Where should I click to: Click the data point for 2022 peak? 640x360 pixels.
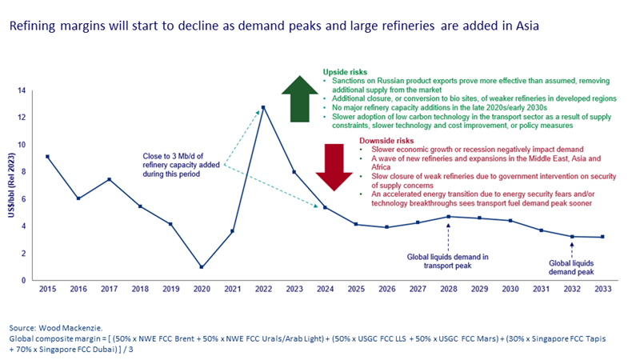(263, 107)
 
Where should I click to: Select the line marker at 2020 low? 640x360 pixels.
(201, 267)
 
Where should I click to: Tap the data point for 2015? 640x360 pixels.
(47, 157)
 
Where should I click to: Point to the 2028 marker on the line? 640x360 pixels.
(448, 217)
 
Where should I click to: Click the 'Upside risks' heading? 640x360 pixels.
(345, 71)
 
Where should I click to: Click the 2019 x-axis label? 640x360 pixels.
(170, 289)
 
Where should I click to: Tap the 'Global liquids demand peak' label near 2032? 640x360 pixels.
(571, 266)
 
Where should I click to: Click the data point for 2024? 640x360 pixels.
(324, 207)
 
